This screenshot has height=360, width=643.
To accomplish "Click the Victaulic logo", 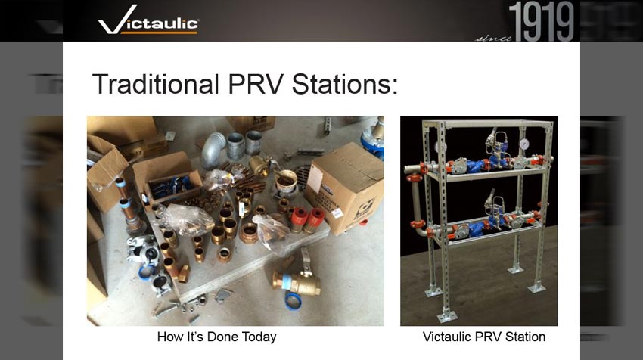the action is (148, 20).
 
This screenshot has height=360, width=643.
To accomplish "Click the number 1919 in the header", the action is (541, 21).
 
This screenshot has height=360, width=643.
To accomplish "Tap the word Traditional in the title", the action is (155, 84).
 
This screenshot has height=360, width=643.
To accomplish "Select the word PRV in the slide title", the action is (255, 84).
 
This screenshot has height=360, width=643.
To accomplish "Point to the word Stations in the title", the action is (345, 84).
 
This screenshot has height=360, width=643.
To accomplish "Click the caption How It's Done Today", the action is (216, 337).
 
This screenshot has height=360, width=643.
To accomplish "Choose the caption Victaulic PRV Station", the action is (484, 337).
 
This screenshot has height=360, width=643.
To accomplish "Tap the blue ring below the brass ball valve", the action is (294, 301).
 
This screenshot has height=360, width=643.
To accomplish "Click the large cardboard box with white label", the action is (345, 189).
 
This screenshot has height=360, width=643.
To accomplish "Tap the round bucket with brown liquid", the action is (286, 181).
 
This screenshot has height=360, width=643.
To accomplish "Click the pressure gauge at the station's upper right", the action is (523, 144).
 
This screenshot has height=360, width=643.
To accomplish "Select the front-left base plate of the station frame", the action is (446, 315).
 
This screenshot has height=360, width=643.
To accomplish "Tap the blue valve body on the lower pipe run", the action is (475, 230).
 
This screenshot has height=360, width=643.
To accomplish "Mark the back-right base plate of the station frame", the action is (515, 270).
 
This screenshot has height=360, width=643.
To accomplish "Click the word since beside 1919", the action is (493, 38).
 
